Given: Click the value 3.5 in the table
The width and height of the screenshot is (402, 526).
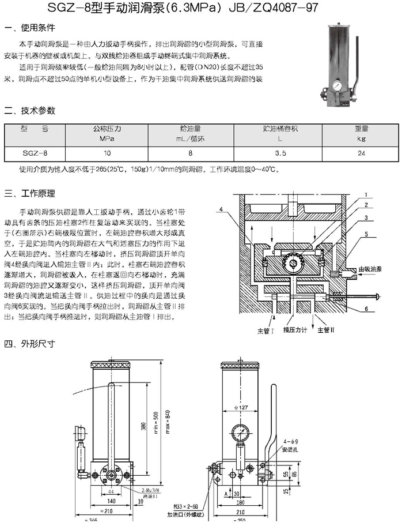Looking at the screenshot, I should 281,154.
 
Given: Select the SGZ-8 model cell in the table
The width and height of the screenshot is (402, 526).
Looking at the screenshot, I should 35,154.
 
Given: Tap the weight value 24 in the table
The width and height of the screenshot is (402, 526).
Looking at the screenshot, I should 361,154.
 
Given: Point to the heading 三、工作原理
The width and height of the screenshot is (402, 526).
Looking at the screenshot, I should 30,193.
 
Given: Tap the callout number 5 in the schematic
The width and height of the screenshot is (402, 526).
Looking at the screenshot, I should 365,234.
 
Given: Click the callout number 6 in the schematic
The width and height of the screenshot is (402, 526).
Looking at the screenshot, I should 365,309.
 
